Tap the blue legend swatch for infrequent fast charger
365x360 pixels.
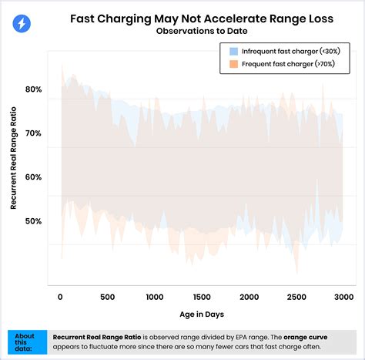233,51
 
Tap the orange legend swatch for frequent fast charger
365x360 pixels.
233,66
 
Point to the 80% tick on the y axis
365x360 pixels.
33,89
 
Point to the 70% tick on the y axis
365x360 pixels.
33,133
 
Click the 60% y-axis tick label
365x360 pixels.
33,177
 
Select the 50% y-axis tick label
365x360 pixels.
33,221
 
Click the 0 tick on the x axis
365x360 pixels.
61,297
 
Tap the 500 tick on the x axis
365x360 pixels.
108,297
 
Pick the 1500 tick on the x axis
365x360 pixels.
203,297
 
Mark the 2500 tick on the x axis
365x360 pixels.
296,297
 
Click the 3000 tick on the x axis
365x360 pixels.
343,297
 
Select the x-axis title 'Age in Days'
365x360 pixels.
203,315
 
